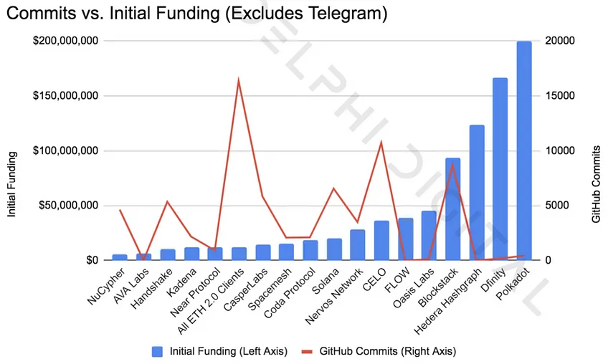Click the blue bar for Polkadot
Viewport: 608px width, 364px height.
[x=524, y=150]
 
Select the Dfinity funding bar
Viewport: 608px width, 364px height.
[x=500, y=169]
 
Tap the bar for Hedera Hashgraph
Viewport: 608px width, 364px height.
[x=477, y=193]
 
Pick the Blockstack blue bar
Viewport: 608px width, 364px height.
[x=452, y=209]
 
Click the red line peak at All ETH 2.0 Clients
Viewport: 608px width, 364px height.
[x=239, y=79]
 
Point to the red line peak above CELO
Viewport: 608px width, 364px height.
[x=381, y=142]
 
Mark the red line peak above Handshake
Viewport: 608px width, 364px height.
[x=167, y=201]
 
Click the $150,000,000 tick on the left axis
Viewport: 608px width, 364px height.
[x=65, y=96]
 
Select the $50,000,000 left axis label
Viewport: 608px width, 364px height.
[x=68, y=206]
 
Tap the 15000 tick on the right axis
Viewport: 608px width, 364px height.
[x=560, y=96]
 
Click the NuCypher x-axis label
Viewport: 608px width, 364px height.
[x=105, y=287]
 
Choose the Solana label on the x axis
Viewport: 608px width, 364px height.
[x=326, y=281]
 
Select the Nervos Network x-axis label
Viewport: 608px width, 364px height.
[x=334, y=297]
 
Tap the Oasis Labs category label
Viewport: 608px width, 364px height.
[x=414, y=289]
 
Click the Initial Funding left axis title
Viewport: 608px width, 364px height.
[x=12, y=184]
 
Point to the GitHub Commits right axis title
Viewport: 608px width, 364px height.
[x=596, y=184]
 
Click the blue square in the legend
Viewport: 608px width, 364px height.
[x=157, y=352]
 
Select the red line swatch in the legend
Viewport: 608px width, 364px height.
[x=307, y=352]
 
